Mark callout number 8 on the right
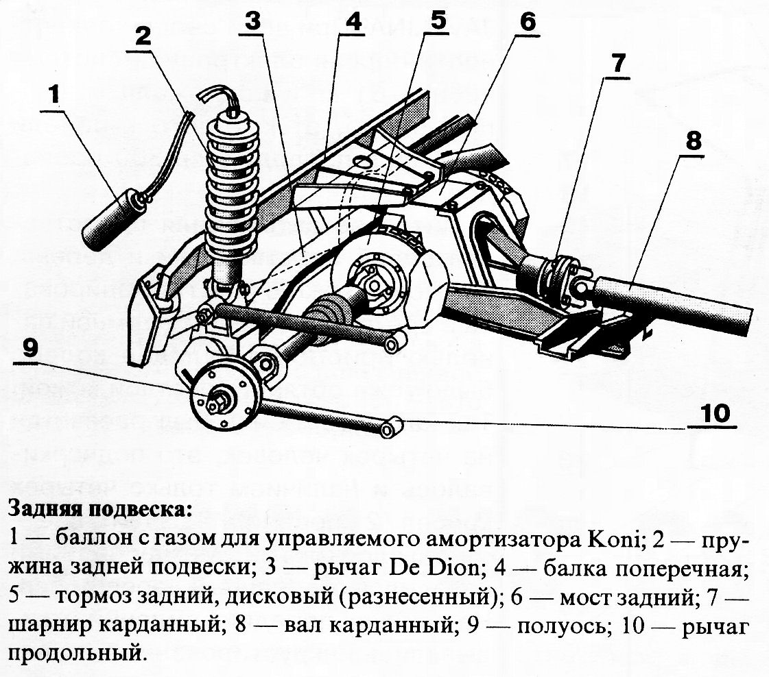(693, 141)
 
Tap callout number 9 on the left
(29, 348)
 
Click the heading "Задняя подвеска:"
(97, 510)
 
